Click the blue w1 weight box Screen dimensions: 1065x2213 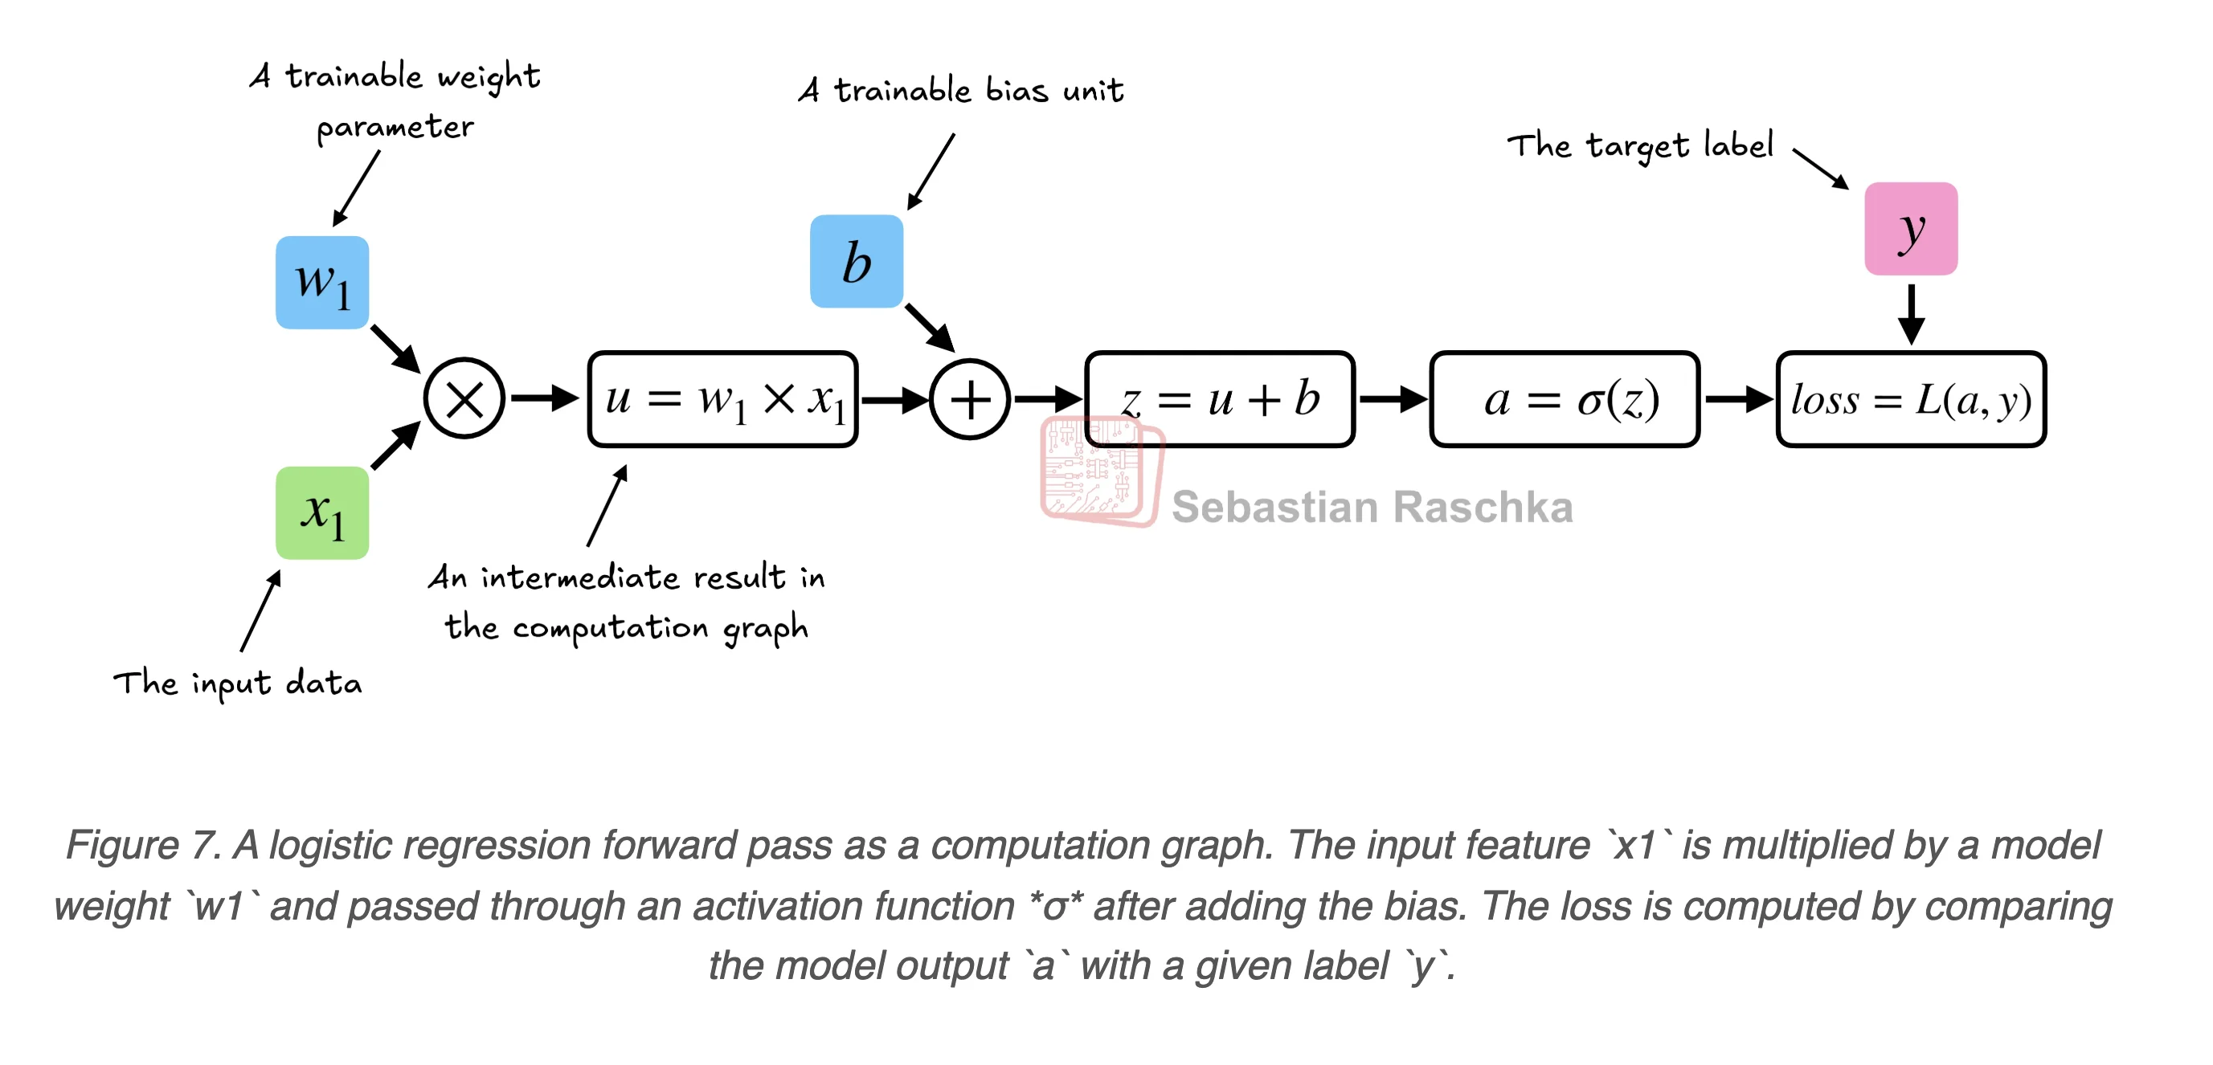click(322, 283)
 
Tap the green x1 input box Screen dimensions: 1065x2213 click(322, 512)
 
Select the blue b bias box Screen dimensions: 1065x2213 click(857, 261)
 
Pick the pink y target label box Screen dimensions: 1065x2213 click(1911, 228)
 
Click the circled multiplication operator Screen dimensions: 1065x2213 click(464, 398)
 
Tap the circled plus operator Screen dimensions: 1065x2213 click(970, 399)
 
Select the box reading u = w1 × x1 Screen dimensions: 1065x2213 click(722, 399)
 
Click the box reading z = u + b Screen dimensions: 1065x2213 click(1220, 399)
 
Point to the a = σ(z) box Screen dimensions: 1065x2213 click(1565, 399)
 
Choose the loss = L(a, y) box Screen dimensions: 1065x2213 click(1911, 399)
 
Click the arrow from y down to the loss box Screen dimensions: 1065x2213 click(1911, 313)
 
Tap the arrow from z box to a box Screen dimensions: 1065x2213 click(1392, 399)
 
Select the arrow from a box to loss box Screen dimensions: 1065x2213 click(1738, 399)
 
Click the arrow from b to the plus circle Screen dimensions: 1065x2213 click(930, 327)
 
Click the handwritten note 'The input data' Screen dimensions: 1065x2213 click(238, 683)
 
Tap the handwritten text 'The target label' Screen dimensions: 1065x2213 click(1640, 146)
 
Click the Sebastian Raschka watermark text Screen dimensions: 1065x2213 click(1372, 507)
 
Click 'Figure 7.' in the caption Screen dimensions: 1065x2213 click(142, 845)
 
